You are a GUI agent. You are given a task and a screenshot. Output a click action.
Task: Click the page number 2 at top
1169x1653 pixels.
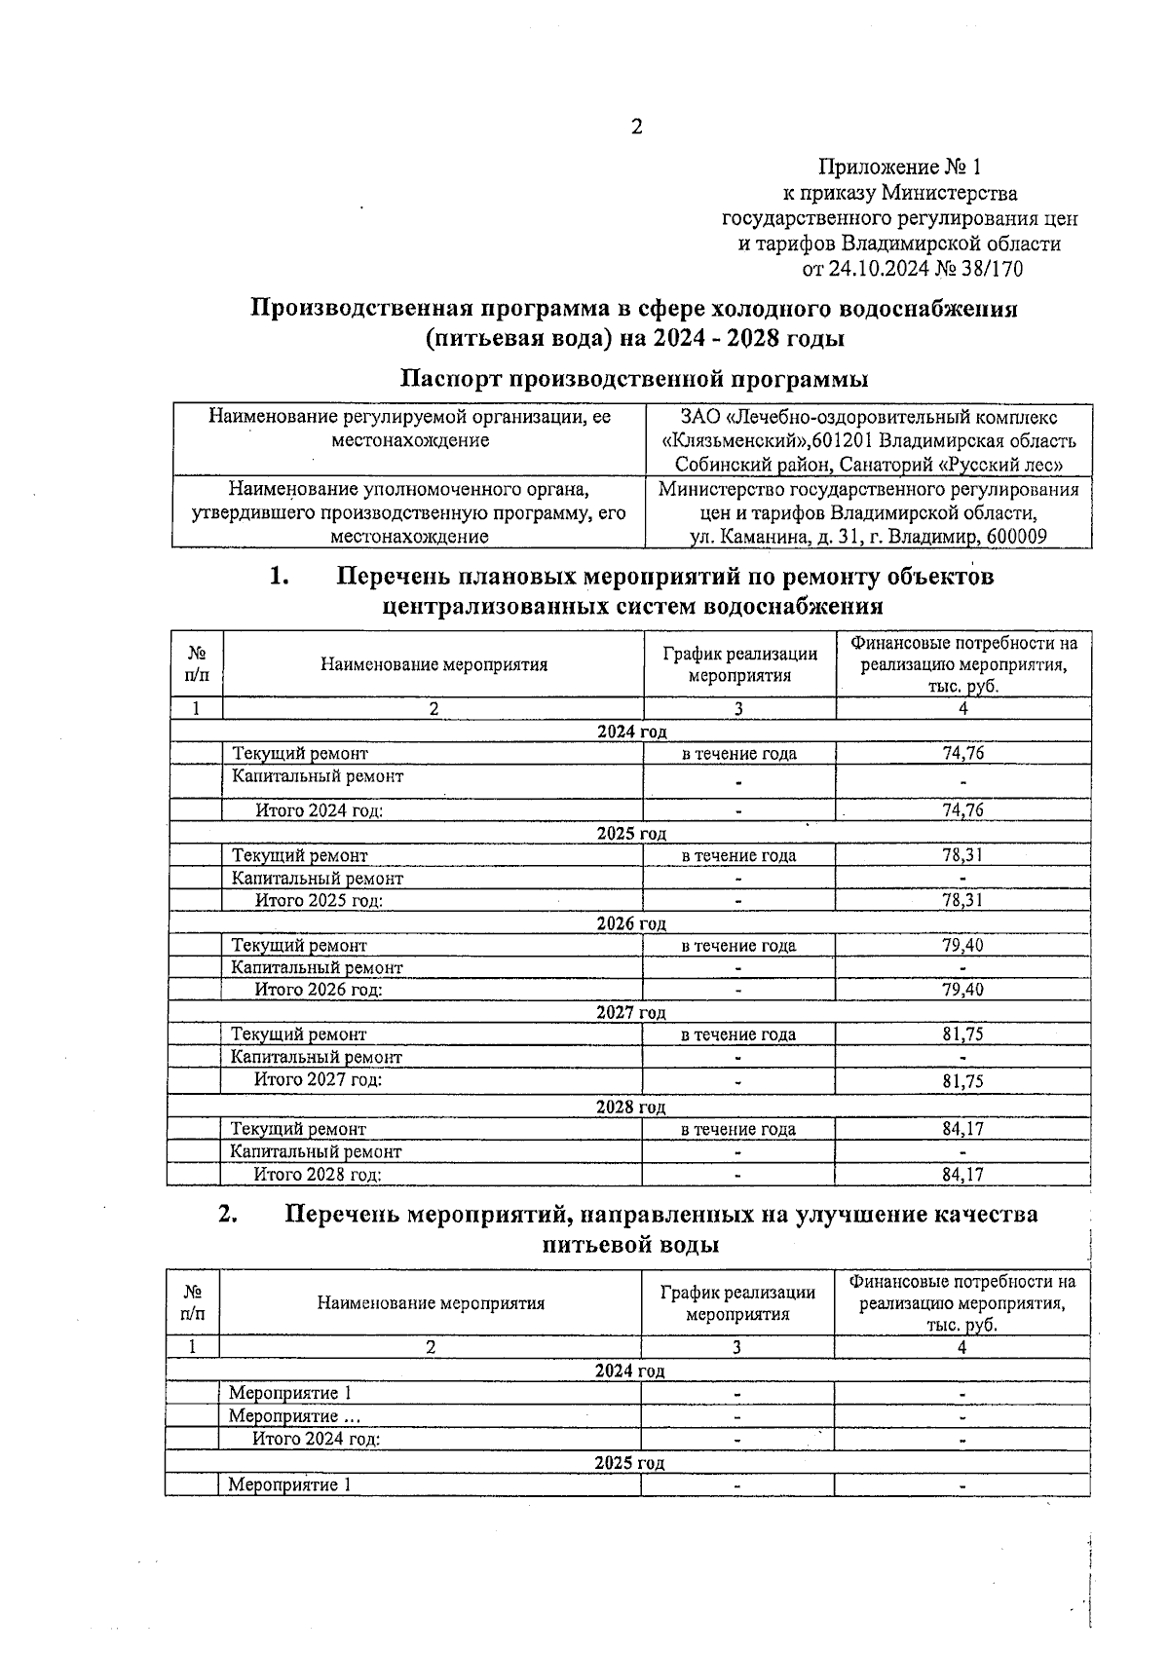(637, 128)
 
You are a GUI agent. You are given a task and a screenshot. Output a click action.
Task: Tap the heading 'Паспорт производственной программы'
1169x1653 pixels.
(634, 378)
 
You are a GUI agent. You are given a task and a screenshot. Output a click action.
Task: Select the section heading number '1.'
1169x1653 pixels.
(280, 577)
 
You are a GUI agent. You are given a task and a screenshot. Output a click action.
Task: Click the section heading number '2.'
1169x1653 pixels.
(228, 1214)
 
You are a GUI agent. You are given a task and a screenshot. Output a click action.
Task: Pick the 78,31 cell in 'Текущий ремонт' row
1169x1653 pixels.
(962, 855)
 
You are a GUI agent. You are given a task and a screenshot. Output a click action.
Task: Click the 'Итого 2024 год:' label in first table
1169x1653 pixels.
(319, 810)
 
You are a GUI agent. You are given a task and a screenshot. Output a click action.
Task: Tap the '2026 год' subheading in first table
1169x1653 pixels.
(631, 923)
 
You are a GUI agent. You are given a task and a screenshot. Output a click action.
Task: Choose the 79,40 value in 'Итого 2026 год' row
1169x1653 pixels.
(962, 990)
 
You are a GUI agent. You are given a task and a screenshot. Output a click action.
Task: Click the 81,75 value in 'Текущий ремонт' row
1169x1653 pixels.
(962, 1034)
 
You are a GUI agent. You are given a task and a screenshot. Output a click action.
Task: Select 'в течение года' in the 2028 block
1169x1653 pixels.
(737, 1129)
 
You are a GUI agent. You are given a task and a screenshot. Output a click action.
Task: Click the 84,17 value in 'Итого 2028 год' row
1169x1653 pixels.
(962, 1175)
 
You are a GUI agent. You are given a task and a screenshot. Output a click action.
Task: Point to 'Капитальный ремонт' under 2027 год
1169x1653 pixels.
(316, 1057)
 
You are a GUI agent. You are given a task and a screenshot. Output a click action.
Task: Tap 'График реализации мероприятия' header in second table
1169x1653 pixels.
(737, 1303)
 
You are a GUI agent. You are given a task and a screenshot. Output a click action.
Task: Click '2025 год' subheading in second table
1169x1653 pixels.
(629, 1463)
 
